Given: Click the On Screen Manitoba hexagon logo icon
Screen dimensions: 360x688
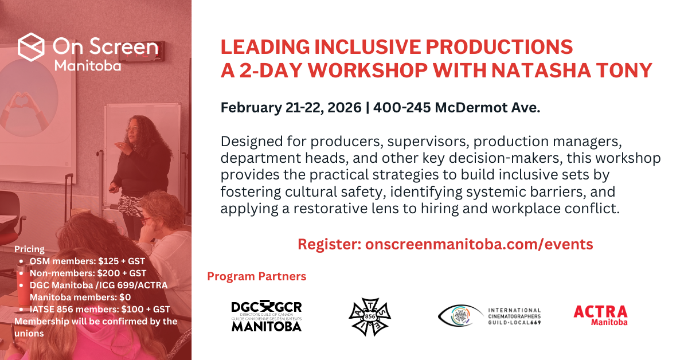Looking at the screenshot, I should click(x=32, y=48).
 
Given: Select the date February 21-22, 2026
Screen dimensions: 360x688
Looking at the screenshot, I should click(x=291, y=108).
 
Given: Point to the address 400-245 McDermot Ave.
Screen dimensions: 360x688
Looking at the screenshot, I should click(x=456, y=108).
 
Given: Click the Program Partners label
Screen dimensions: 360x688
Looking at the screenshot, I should click(x=256, y=277).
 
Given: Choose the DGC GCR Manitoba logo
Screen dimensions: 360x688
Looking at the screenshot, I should click(x=266, y=316).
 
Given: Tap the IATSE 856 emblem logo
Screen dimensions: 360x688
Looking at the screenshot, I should click(x=370, y=316).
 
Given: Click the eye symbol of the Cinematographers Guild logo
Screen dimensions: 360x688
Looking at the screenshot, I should click(x=459, y=315).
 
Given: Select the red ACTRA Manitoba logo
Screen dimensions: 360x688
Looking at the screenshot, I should click(x=600, y=315).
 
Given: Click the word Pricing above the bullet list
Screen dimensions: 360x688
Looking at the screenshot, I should click(x=29, y=249).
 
